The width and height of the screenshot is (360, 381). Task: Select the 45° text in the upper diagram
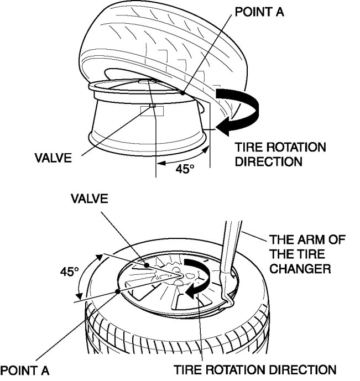tap(185, 169)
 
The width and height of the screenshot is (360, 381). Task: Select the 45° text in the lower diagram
tap(70, 273)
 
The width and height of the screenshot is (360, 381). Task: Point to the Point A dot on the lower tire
tap(118, 290)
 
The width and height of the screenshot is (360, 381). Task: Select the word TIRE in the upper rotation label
tap(247, 148)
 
